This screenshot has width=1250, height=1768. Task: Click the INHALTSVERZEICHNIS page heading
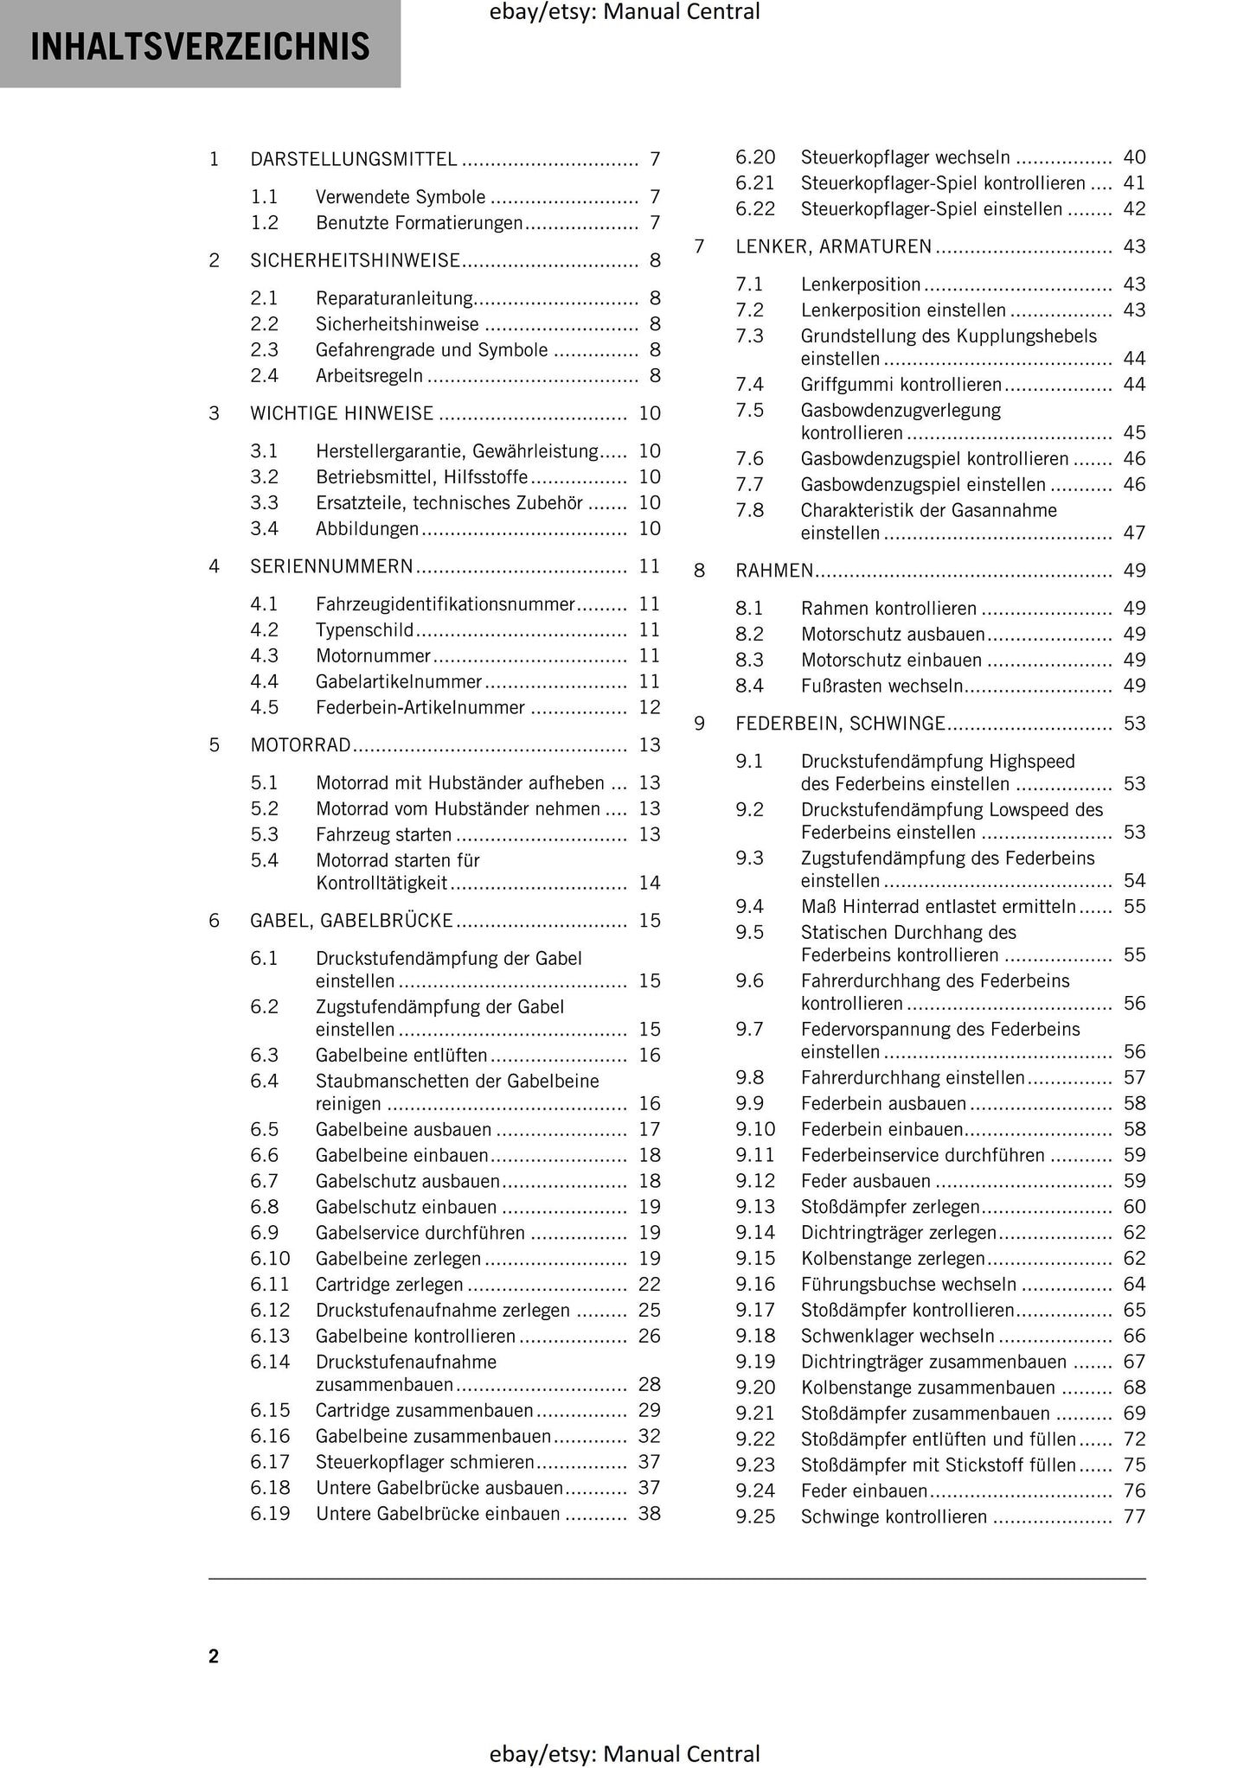coord(200,47)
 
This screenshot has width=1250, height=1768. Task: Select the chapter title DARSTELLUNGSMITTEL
coord(354,159)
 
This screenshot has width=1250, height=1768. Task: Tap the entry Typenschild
coord(364,630)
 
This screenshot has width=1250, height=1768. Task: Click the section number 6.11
coord(270,1285)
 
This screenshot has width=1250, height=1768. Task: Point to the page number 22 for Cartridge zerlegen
coord(649,1285)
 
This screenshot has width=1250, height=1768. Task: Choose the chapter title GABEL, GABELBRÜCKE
coord(351,921)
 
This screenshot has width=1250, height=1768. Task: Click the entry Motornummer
coord(373,656)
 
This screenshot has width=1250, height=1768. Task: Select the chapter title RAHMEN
coord(774,571)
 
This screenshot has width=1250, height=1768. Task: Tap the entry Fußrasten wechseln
coord(881,686)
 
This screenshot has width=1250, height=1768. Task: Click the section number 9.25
coord(755,1517)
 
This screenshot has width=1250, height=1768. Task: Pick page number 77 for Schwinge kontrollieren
coord(1134,1517)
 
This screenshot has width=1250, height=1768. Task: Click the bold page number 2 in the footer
coord(214,1656)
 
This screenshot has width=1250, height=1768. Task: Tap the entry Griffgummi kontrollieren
coord(901,385)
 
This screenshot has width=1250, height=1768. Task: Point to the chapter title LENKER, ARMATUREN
coord(833,247)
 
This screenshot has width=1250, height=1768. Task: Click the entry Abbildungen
coord(367,529)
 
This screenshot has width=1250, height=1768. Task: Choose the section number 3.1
coord(264,451)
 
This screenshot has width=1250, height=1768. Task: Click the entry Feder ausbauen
coord(865,1182)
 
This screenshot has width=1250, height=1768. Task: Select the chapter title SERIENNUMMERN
coord(331,567)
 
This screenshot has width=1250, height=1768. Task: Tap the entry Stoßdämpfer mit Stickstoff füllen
coord(938,1465)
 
